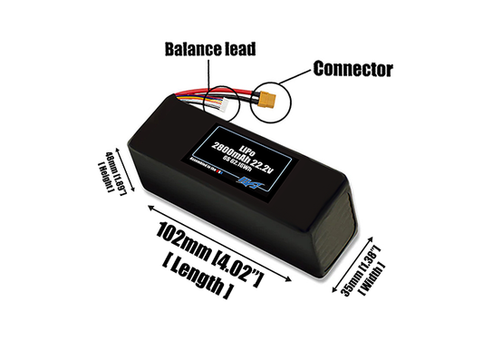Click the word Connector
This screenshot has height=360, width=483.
pos(352,68)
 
